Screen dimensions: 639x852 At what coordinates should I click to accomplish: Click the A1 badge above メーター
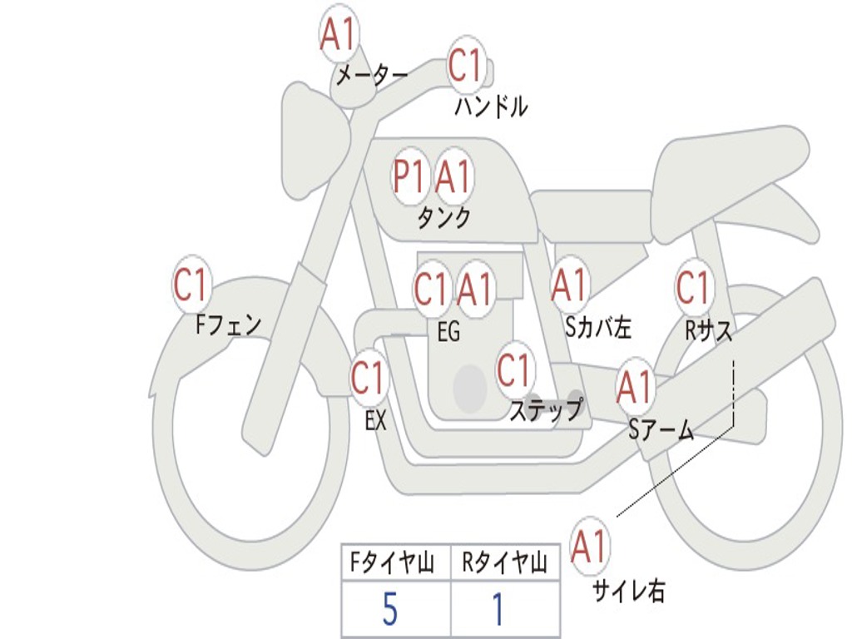coord(338,35)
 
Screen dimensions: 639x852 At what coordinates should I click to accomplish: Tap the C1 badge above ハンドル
coord(466,65)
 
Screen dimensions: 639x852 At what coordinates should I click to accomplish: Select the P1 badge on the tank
coord(410,176)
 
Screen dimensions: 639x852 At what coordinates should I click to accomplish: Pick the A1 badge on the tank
coord(454,176)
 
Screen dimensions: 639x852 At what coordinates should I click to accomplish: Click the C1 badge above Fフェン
coord(191,285)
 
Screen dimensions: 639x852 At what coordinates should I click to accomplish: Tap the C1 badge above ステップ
coord(514,370)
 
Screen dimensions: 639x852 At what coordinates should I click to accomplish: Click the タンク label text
coord(443,218)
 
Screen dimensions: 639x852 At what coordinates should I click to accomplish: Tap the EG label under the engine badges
coord(448,332)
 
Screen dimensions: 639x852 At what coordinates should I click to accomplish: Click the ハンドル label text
coord(491,106)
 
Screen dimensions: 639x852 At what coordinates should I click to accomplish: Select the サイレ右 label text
coord(629,591)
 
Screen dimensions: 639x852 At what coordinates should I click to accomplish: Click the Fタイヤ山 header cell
coord(393,563)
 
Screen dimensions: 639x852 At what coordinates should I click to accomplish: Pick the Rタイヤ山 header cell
coord(504,563)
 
